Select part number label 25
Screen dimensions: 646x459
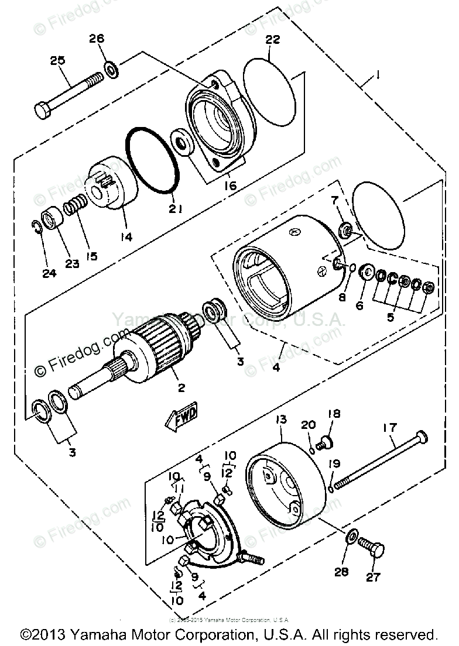point(57,60)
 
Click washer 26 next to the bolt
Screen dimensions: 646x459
point(111,70)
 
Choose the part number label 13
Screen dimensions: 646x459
point(282,420)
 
